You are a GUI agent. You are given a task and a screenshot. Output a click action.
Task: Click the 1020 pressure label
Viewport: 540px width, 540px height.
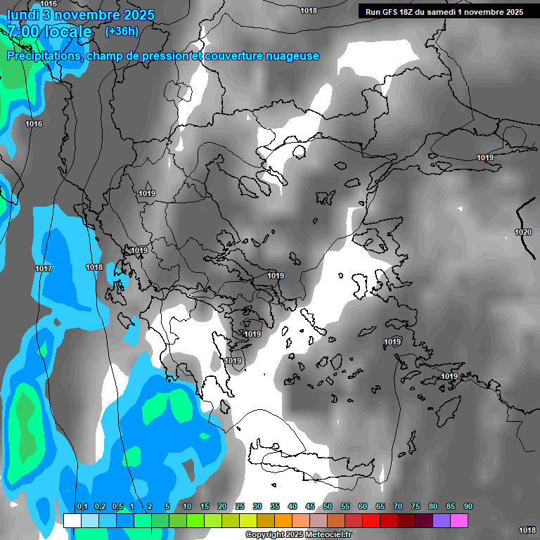pyautogui.click(x=522, y=232)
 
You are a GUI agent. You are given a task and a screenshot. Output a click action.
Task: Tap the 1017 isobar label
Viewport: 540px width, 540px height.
pyautogui.click(x=44, y=269)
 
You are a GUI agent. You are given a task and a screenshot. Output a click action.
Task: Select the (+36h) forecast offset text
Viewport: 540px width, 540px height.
pyautogui.click(x=122, y=32)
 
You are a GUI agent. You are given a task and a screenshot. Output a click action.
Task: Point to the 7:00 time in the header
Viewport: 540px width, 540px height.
pyautogui.click(x=23, y=32)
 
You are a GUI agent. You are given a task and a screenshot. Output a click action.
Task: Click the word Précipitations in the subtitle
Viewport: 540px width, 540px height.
pyautogui.click(x=43, y=56)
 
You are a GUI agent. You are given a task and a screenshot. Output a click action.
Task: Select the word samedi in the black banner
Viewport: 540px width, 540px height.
pyautogui.click(x=441, y=12)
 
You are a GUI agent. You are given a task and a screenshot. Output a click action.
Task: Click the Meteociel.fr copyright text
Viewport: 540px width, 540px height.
pyautogui.click(x=309, y=535)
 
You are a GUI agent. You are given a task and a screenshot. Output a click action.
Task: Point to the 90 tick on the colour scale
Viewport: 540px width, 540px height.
pyautogui.click(x=468, y=507)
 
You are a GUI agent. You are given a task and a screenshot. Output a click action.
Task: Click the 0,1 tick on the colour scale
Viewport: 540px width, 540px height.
pyautogui.click(x=82, y=507)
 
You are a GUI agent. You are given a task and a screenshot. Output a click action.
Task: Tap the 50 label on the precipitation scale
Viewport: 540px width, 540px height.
pyautogui.click(x=328, y=507)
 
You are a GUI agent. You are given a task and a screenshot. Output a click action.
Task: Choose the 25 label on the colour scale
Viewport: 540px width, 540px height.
pyautogui.click(x=240, y=507)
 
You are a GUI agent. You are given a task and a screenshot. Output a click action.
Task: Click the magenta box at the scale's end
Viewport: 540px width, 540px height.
pyautogui.click(x=459, y=520)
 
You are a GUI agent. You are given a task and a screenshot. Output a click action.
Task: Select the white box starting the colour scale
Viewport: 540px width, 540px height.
pyautogui.click(x=72, y=520)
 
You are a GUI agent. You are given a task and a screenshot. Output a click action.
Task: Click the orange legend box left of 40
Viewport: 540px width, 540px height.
pyautogui.click(x=283, y=520)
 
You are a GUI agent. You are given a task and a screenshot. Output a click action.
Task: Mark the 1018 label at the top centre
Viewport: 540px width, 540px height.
pyautogui.click(x=308, y=11)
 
